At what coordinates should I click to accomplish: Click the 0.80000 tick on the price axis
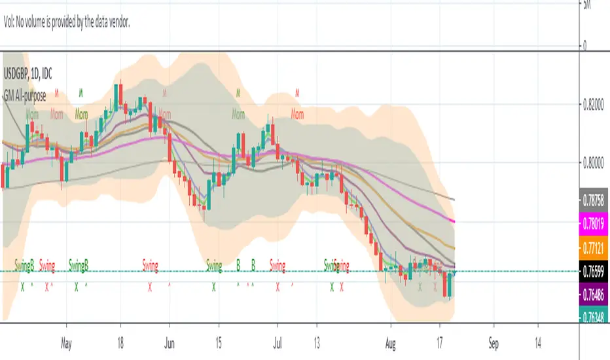pos(596,164)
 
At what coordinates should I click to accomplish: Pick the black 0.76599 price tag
pos(596,271)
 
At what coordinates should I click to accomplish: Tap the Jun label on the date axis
pos(170,342)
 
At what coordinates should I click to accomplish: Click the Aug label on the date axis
pos(391,342)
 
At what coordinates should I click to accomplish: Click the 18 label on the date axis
pos(120,342)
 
